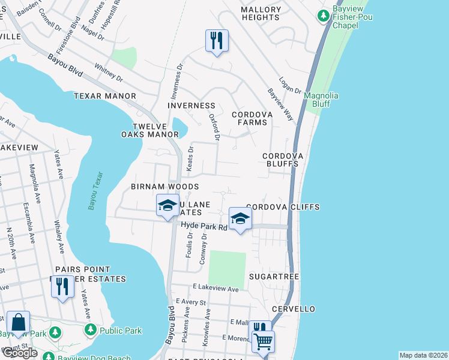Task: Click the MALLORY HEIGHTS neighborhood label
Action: click(x=261, y=14)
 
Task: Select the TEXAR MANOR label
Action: click(x=105, y=96)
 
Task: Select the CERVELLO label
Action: click(x=293, y=309)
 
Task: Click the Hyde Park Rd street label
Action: click(x=205, y=226)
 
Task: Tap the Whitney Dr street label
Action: click(x=109, y=73)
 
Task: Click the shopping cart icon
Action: click(x=263, y=341)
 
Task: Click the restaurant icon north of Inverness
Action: click(x=217, y=41)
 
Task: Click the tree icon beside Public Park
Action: click(x=90, y=329)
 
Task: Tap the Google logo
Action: click(x=20, y=353)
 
